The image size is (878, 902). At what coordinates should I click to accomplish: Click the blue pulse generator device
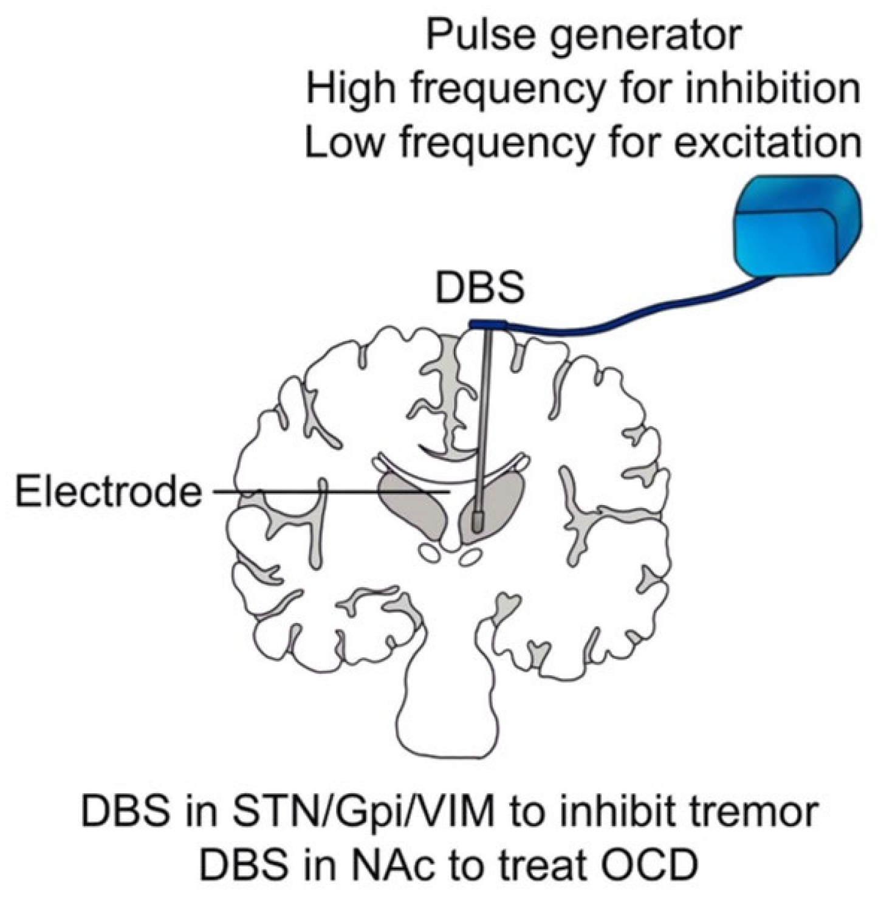point(798,225)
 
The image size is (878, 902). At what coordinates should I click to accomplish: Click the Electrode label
point(108,491)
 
